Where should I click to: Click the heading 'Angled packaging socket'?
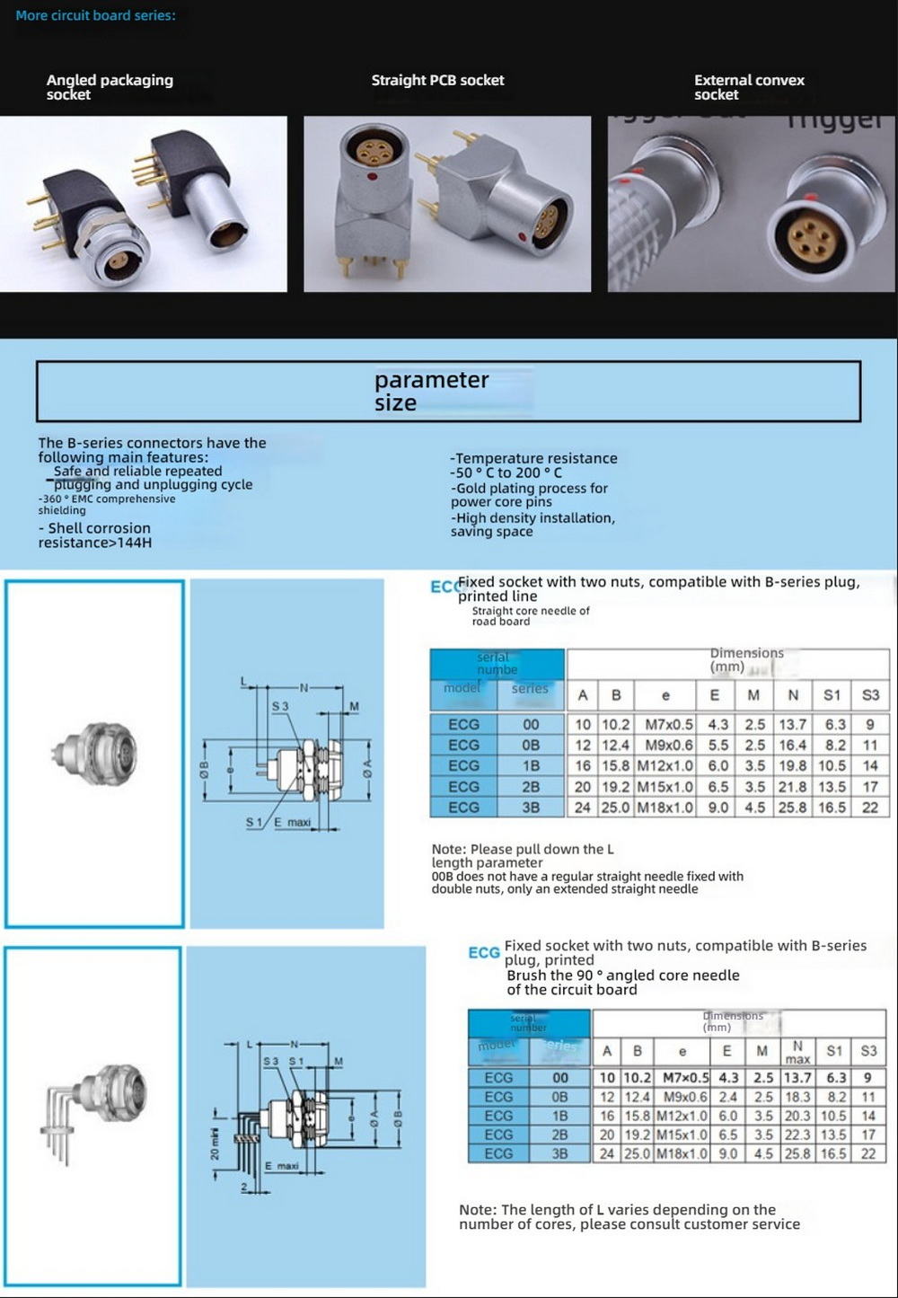110,87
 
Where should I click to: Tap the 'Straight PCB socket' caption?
437,80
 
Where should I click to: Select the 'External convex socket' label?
749,87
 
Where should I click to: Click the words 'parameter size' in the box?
431,391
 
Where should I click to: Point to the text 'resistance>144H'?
94,543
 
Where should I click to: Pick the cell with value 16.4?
792,745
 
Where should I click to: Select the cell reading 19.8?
792,765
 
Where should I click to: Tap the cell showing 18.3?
797,1097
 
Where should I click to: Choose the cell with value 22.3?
797,1135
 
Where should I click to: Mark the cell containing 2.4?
728,1097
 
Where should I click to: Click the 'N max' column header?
797,1052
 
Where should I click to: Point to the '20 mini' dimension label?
215,1143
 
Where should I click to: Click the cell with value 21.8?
792,786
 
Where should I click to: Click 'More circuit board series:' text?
95,15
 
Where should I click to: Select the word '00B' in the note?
445,876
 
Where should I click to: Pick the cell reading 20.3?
797,1116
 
